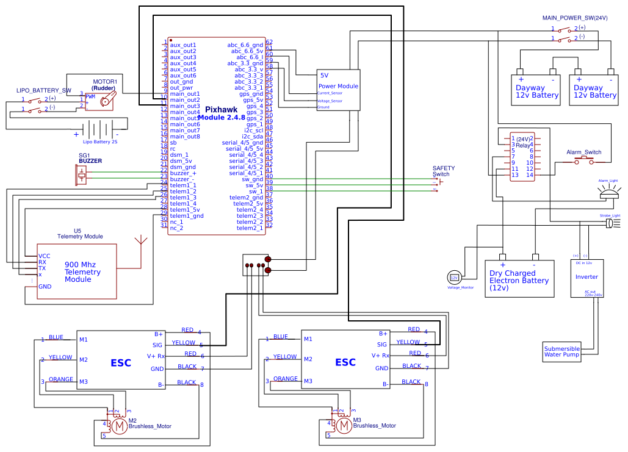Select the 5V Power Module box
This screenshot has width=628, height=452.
(x=338, y=89)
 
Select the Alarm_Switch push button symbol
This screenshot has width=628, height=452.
(x=583, y=161)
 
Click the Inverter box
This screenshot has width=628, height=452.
(x=586, y=278)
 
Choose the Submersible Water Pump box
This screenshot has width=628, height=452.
(x=561, y=351)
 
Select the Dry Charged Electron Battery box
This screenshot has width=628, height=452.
(x=519, y=279)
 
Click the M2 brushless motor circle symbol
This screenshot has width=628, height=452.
(x=120, y=425)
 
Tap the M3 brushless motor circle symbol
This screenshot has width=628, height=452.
(x=344, y=425)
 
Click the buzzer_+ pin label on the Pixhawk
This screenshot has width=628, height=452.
(x=183, y=173)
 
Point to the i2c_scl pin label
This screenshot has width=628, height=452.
(x=253, y=131)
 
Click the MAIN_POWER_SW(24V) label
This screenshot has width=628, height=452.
(x=575, y=18)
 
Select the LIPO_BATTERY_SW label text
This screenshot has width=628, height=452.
(x=44, y=90)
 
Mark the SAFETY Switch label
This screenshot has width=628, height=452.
(x=444, y=171)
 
